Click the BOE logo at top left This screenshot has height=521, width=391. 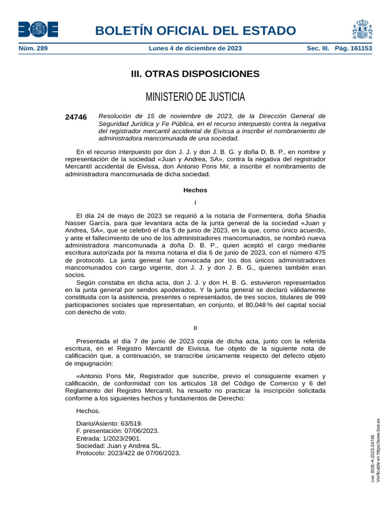coord(38,29)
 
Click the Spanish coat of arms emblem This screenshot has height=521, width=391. coord(361,29)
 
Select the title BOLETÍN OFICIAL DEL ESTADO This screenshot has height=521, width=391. coord(195,31)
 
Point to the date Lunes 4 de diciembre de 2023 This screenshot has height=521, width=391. coord(195,48)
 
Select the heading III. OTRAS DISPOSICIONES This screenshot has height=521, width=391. coord(195,74)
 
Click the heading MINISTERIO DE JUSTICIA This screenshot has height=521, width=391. coord(195,97)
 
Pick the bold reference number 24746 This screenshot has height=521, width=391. coord(76,117)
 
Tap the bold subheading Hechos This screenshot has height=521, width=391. coord(195,190)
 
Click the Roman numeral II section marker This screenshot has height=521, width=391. coord(195,328)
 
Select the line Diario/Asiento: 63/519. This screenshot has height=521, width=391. coord(109,423)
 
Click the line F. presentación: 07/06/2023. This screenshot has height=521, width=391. coord(117,430)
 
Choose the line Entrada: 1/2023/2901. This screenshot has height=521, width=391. coord(108,438)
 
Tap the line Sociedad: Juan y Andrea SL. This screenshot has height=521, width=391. coord(118,445)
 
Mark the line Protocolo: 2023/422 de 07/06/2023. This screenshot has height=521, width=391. coord(128,453)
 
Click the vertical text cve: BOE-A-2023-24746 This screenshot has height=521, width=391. coord(372,458)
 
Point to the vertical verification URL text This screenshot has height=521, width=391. coord(378,450)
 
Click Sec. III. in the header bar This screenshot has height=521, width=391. coord(318,48)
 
